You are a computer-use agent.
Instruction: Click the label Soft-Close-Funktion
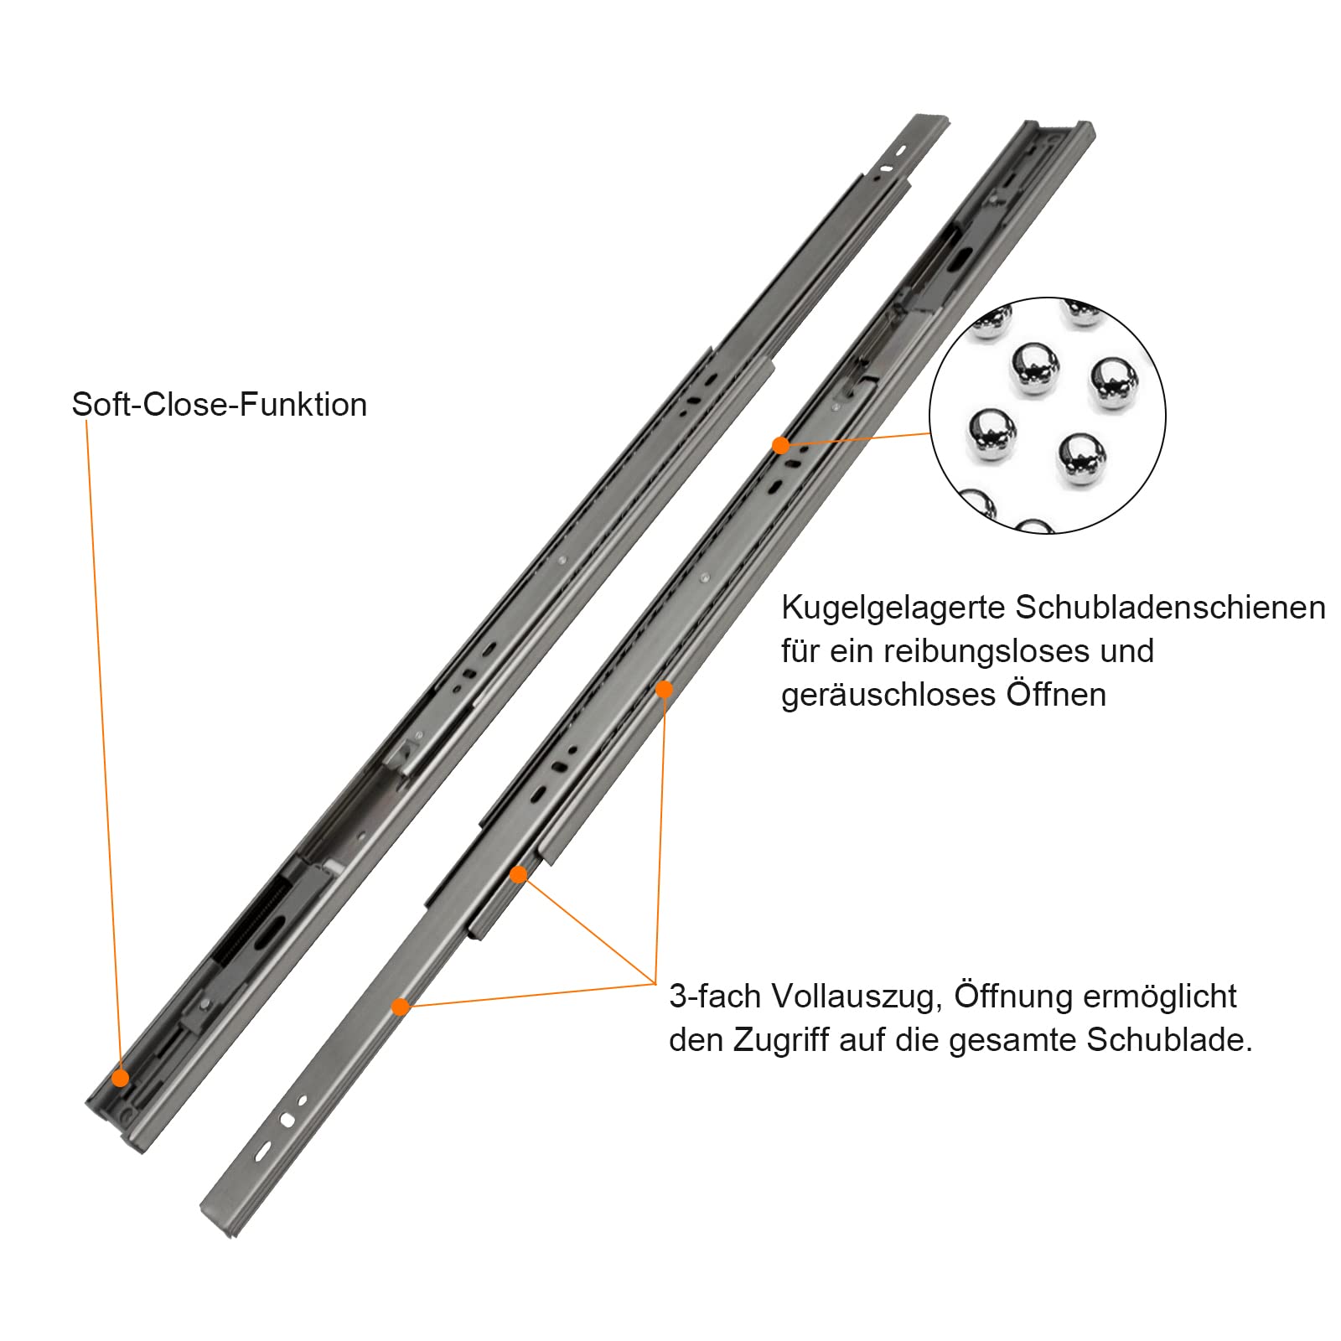click(220, 405)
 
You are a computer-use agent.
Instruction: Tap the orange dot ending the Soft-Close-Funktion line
click(121, 1078)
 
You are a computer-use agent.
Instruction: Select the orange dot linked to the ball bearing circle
click(780, 446)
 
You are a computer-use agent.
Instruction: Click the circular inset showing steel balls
click(1048, 416)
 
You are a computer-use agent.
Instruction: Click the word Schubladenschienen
click(1171, 608)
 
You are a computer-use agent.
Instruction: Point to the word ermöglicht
click(1160, 997)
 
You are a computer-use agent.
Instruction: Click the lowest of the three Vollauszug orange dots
click(401, 1007)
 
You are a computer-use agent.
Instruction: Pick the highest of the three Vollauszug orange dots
click(664, 690)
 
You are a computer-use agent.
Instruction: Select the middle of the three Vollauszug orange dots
click(518, 875)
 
